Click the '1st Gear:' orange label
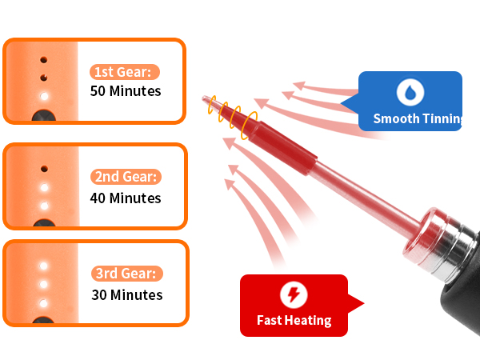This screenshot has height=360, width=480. tap(125, 72)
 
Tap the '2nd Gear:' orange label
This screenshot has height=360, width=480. tap(126, 177)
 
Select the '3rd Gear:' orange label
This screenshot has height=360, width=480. tap(127, 274)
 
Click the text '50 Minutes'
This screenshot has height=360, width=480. tap(126, 91)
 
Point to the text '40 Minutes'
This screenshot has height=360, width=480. tap(126, 198)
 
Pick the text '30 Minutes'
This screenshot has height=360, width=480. tap(127, 294)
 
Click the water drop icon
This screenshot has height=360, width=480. tap(410, 92)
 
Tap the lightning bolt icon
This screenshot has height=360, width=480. tap(294, 294)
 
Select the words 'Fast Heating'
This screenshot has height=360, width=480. tap(294, 321)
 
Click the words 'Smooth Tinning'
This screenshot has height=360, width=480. tap(418, 118)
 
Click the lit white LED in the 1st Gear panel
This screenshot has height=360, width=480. tap(44, 96)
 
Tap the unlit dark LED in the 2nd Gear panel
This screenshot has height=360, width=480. tap(44, 169)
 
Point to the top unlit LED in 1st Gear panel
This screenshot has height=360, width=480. tap(44, 60)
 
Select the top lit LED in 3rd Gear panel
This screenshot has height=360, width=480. tap(43, 266)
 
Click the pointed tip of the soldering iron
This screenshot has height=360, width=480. tap(203, 98)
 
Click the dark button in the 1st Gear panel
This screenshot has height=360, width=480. tap(44, 115)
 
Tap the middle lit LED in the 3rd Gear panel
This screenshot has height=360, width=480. tap(43, 284)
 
